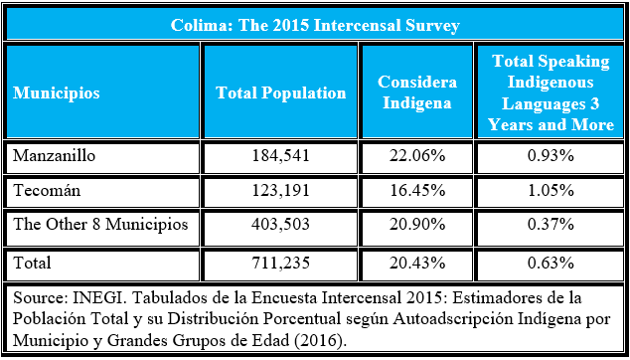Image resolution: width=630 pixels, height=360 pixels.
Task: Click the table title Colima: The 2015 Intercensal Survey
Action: point(314,25)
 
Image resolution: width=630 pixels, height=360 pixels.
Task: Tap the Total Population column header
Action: point(281,92)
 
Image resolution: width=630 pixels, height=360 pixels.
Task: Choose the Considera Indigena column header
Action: point(417,92)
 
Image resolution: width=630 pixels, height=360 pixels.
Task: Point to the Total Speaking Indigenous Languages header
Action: point(551,92)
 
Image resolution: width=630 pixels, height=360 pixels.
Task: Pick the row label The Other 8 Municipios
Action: point(100,225)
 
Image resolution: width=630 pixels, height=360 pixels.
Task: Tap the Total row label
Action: point(32,262)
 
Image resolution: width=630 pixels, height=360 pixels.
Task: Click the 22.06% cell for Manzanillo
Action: point(417,156)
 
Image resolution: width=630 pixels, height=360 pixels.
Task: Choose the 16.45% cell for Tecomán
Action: point(417,190)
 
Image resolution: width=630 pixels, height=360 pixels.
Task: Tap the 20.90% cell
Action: point(417,226)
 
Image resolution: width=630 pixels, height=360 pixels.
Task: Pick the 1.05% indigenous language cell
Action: point(551,190)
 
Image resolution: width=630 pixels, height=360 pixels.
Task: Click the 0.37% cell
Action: point(551,226)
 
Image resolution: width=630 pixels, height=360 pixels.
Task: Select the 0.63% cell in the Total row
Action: point(551,263)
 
